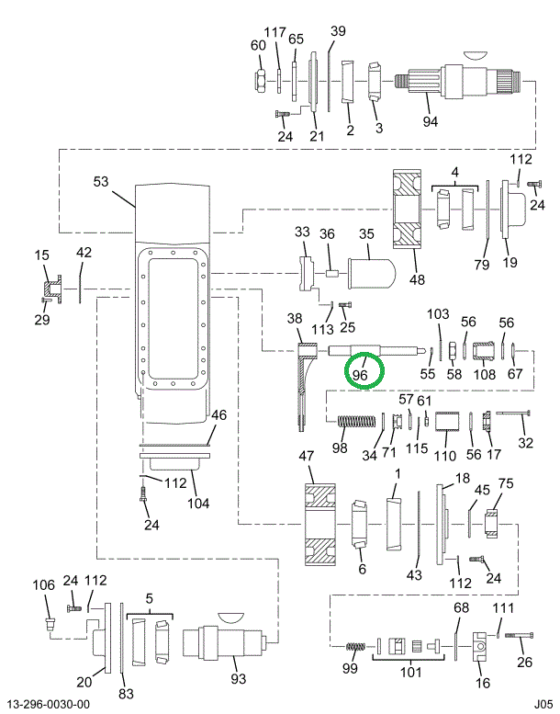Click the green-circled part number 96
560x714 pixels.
pos(360,375)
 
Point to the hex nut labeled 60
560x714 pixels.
pos(261,81)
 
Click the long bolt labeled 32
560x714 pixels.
pos(515,414)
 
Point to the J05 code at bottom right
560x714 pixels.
pos(543,704)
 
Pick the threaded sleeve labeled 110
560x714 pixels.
pos(445,422)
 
